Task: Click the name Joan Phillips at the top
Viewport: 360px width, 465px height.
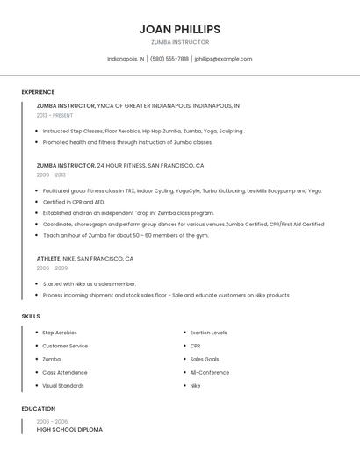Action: [x=179, y=29]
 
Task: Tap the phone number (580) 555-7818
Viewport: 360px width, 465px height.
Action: [x=169, y=59]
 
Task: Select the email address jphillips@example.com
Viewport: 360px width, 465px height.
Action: [x=223, y=59]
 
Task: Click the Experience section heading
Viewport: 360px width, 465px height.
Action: [x=38, y=92]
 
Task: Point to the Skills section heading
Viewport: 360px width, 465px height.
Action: [x=31, y=316]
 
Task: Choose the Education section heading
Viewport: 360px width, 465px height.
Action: [x=38, y=409]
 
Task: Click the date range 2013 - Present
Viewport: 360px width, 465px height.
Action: [x=54, y=115]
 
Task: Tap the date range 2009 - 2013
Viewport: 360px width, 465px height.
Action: [x=51, y=175]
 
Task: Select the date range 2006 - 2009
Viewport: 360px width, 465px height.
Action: [x=52, y=268]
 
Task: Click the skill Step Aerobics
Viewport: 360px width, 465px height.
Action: [x=60, y=333]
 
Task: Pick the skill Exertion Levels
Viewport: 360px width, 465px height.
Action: [x=208, y=333]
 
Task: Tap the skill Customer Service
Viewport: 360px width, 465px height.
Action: [x=66, y=346]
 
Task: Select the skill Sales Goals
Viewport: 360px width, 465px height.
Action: [x=205, y=359]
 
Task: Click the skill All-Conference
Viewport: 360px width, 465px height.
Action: [x=210, y=372]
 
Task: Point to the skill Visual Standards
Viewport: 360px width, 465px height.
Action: [x=63, y=385]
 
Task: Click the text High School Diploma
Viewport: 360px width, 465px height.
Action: [x=69, y=430]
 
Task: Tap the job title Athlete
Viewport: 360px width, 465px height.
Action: [x=48, y=259]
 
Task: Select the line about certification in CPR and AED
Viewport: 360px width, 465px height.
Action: [x=74, y=202]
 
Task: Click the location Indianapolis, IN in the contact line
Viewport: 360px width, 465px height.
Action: [x=126, y=59]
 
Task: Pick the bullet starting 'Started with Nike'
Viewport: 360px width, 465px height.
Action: [x=90, y=284]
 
